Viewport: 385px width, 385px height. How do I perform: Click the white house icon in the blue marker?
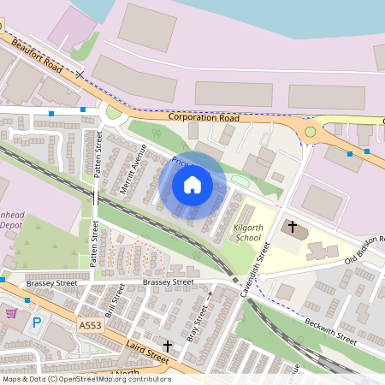(192, 184)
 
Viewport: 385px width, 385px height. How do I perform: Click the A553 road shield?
(89, 326)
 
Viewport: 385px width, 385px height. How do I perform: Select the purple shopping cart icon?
(12, 313)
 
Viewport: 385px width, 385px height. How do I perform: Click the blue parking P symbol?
(36, 323)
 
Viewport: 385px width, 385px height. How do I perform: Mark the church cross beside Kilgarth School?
(293, 228)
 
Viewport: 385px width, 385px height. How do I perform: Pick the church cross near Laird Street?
(168, 346)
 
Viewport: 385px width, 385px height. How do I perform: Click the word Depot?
(11, 224)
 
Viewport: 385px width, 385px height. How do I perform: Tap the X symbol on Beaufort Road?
(80, 75)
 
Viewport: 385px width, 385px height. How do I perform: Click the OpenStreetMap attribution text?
(86, 379)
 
